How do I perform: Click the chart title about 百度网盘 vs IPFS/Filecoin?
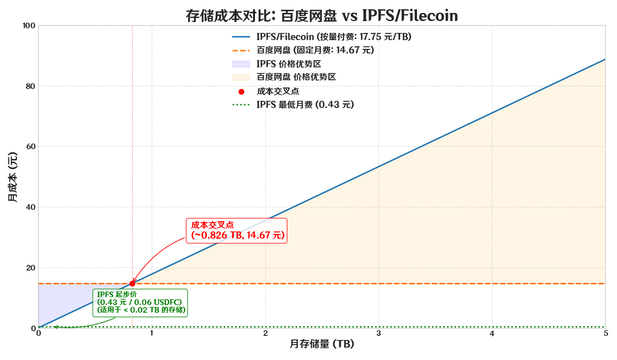point(322,16)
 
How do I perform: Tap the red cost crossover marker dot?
point(132,283)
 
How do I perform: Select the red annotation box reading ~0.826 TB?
point(237,230)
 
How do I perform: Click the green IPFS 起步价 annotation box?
point(140,302)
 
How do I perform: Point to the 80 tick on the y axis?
point(30,86)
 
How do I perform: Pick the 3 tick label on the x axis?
point(378,333)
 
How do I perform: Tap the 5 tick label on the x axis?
point(605,333)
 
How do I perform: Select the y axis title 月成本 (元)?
point(12,177)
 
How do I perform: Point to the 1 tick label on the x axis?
point(152,333)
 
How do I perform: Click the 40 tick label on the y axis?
point(30,207)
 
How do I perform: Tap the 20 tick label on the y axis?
point(30,267)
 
